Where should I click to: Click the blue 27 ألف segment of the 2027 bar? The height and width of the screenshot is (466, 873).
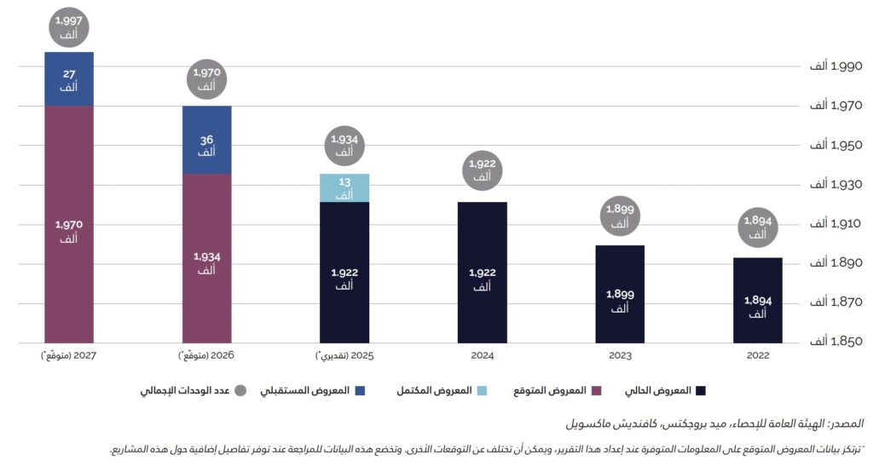click(x=69, y=79)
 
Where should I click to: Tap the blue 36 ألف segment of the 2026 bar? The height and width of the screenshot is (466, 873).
click(x=206, y=141)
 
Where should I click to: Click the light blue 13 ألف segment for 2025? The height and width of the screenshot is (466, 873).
click(x=344, y=188)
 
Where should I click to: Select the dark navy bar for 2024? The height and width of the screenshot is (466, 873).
click(x=482, y=273)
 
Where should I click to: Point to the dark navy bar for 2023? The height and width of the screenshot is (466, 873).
click(x=620, y=294)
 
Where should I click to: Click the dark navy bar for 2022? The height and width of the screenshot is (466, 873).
click(x=757, y=300)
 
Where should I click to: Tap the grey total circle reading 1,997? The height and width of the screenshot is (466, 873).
click(x=69, y=27)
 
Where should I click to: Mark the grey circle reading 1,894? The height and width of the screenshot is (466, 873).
click(x=757, y=227)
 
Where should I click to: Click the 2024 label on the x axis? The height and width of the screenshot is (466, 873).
click(x=482, y=356)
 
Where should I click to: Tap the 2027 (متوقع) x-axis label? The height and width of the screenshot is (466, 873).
click(x=69, y=356)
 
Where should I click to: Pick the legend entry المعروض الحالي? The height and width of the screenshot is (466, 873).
click(x=666, y=391)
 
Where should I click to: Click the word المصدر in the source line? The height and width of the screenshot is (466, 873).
click(x=846, y=423)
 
